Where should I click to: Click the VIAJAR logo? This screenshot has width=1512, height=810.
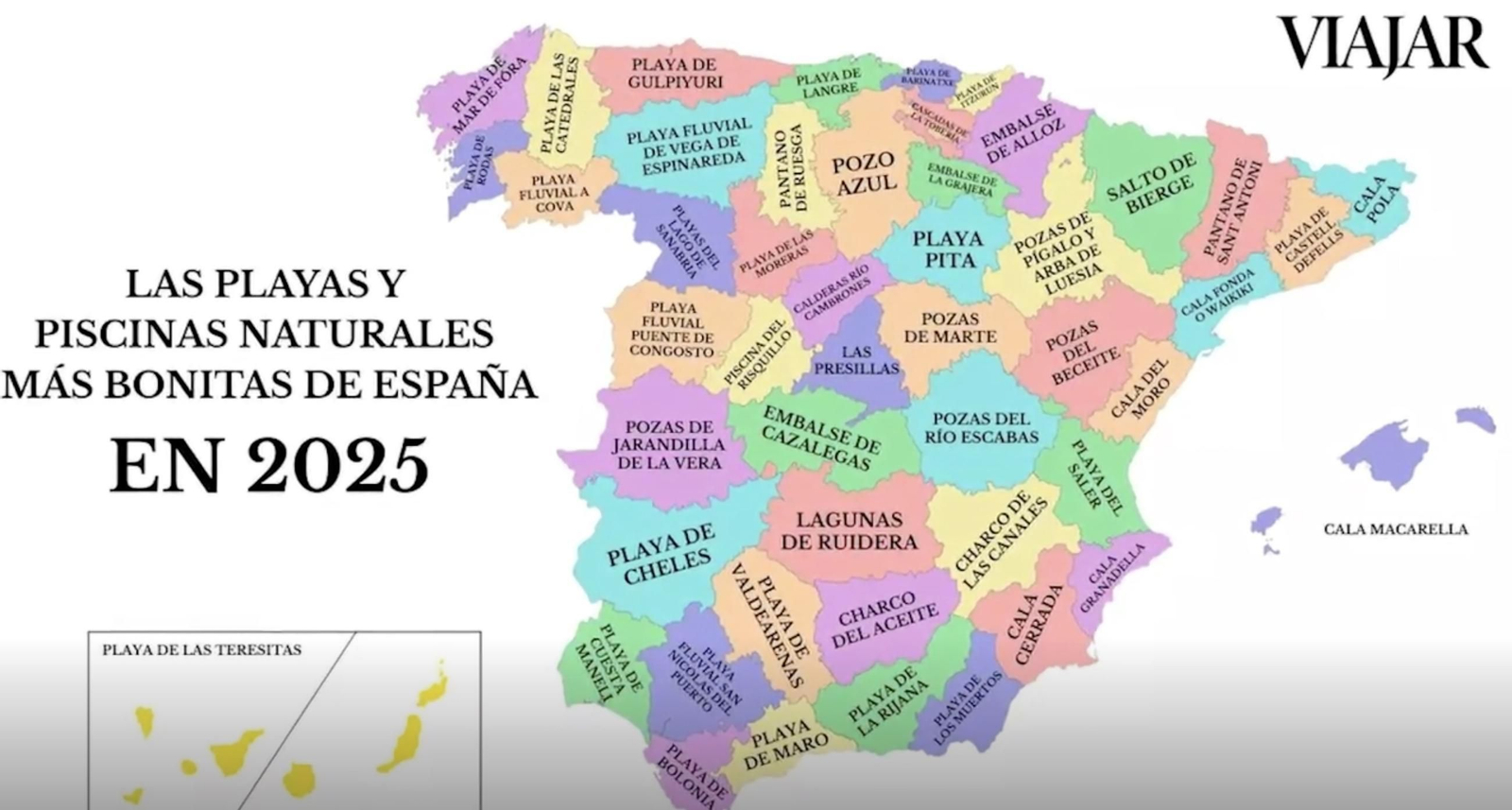coord(1383,43)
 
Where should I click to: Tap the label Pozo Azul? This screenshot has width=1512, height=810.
coord(863,173)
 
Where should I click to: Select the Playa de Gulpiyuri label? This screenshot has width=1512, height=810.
coord(674,73)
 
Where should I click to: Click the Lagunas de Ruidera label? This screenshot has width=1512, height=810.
coord(850,530)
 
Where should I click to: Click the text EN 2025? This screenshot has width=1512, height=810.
coord(269,465)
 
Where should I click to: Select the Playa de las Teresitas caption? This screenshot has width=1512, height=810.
coord(201,650)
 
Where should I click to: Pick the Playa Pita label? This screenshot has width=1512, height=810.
coord(947,249)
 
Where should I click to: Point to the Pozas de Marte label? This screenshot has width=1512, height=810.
coord(950,327)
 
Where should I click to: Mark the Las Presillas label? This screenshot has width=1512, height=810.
coord(856,360)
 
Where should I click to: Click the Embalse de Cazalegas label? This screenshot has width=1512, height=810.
coord(820,437)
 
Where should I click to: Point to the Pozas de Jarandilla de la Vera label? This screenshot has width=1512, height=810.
coord(668,444)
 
